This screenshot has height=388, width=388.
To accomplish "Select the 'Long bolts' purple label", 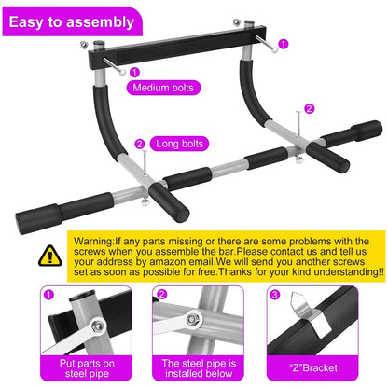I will coord(181,144).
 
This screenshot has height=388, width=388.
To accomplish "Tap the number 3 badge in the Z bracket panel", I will coord(273,296).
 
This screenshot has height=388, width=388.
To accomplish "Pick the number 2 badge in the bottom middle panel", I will coord(161,296).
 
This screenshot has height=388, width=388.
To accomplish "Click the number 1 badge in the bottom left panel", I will coord(48,296).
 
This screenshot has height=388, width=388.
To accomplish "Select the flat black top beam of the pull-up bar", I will coord(195,52).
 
